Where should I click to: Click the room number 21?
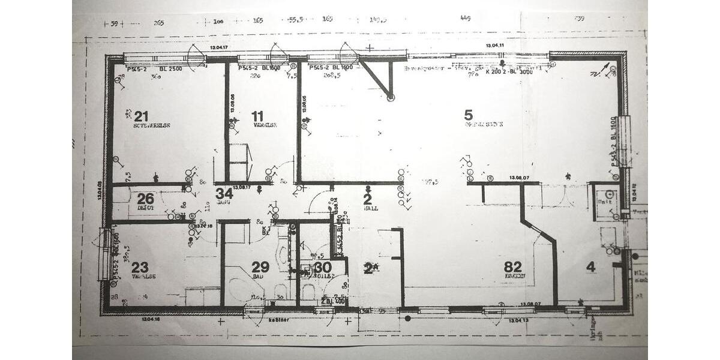click(141, 116)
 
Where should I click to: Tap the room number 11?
click(257, 116)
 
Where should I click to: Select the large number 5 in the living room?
click(469, 114)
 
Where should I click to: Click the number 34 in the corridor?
click(224, 193)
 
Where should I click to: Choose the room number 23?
click(140, 267)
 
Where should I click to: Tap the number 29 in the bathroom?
click(260, 267)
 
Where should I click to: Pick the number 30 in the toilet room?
click(322, 267)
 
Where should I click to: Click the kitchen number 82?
click(513, 267)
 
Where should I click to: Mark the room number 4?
click(591, 267)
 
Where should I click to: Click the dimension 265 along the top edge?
click(159, 23)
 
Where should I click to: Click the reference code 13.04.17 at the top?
click(220, 47)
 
